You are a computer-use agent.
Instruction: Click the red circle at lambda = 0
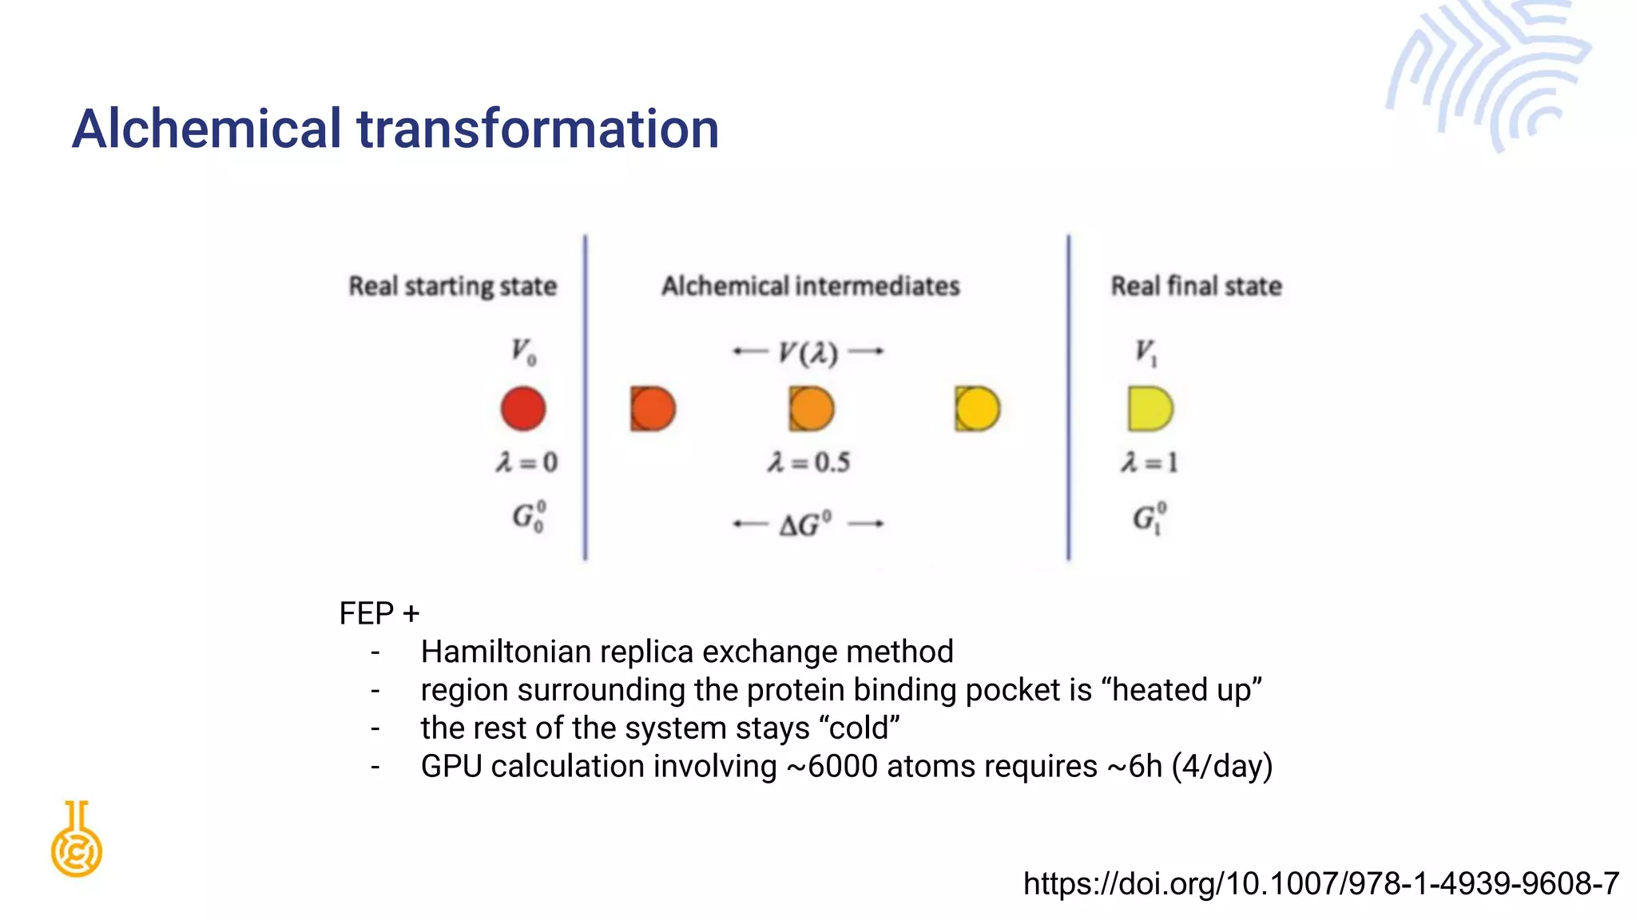click(x=523, y=408)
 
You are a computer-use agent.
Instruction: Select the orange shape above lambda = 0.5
click(x=811, y=409)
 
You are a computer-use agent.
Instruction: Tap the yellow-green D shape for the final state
click(x=1149, y=409)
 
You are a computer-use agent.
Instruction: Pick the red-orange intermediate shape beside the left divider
click(x=652, y=409)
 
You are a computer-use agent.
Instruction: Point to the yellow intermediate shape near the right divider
click(x=976, y=409)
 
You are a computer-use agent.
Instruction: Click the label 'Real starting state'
click(x=452, y=286)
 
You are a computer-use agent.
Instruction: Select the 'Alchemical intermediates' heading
click(x=810, y=286)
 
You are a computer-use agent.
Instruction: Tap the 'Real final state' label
click(x=1196, y=286)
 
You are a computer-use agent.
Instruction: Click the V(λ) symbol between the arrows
click(x=808, y=352)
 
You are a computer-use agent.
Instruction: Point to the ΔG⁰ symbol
click(x=805, y=525)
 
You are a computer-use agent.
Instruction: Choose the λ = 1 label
click(x=1149, y=462)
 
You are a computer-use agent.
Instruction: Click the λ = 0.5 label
click(x=808, y=462)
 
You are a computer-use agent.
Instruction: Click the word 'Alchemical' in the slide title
click(x=207, y=129)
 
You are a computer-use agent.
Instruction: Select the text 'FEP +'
click(x=379, y=613)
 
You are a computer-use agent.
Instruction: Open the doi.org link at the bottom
click(x=1321, y=883)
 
